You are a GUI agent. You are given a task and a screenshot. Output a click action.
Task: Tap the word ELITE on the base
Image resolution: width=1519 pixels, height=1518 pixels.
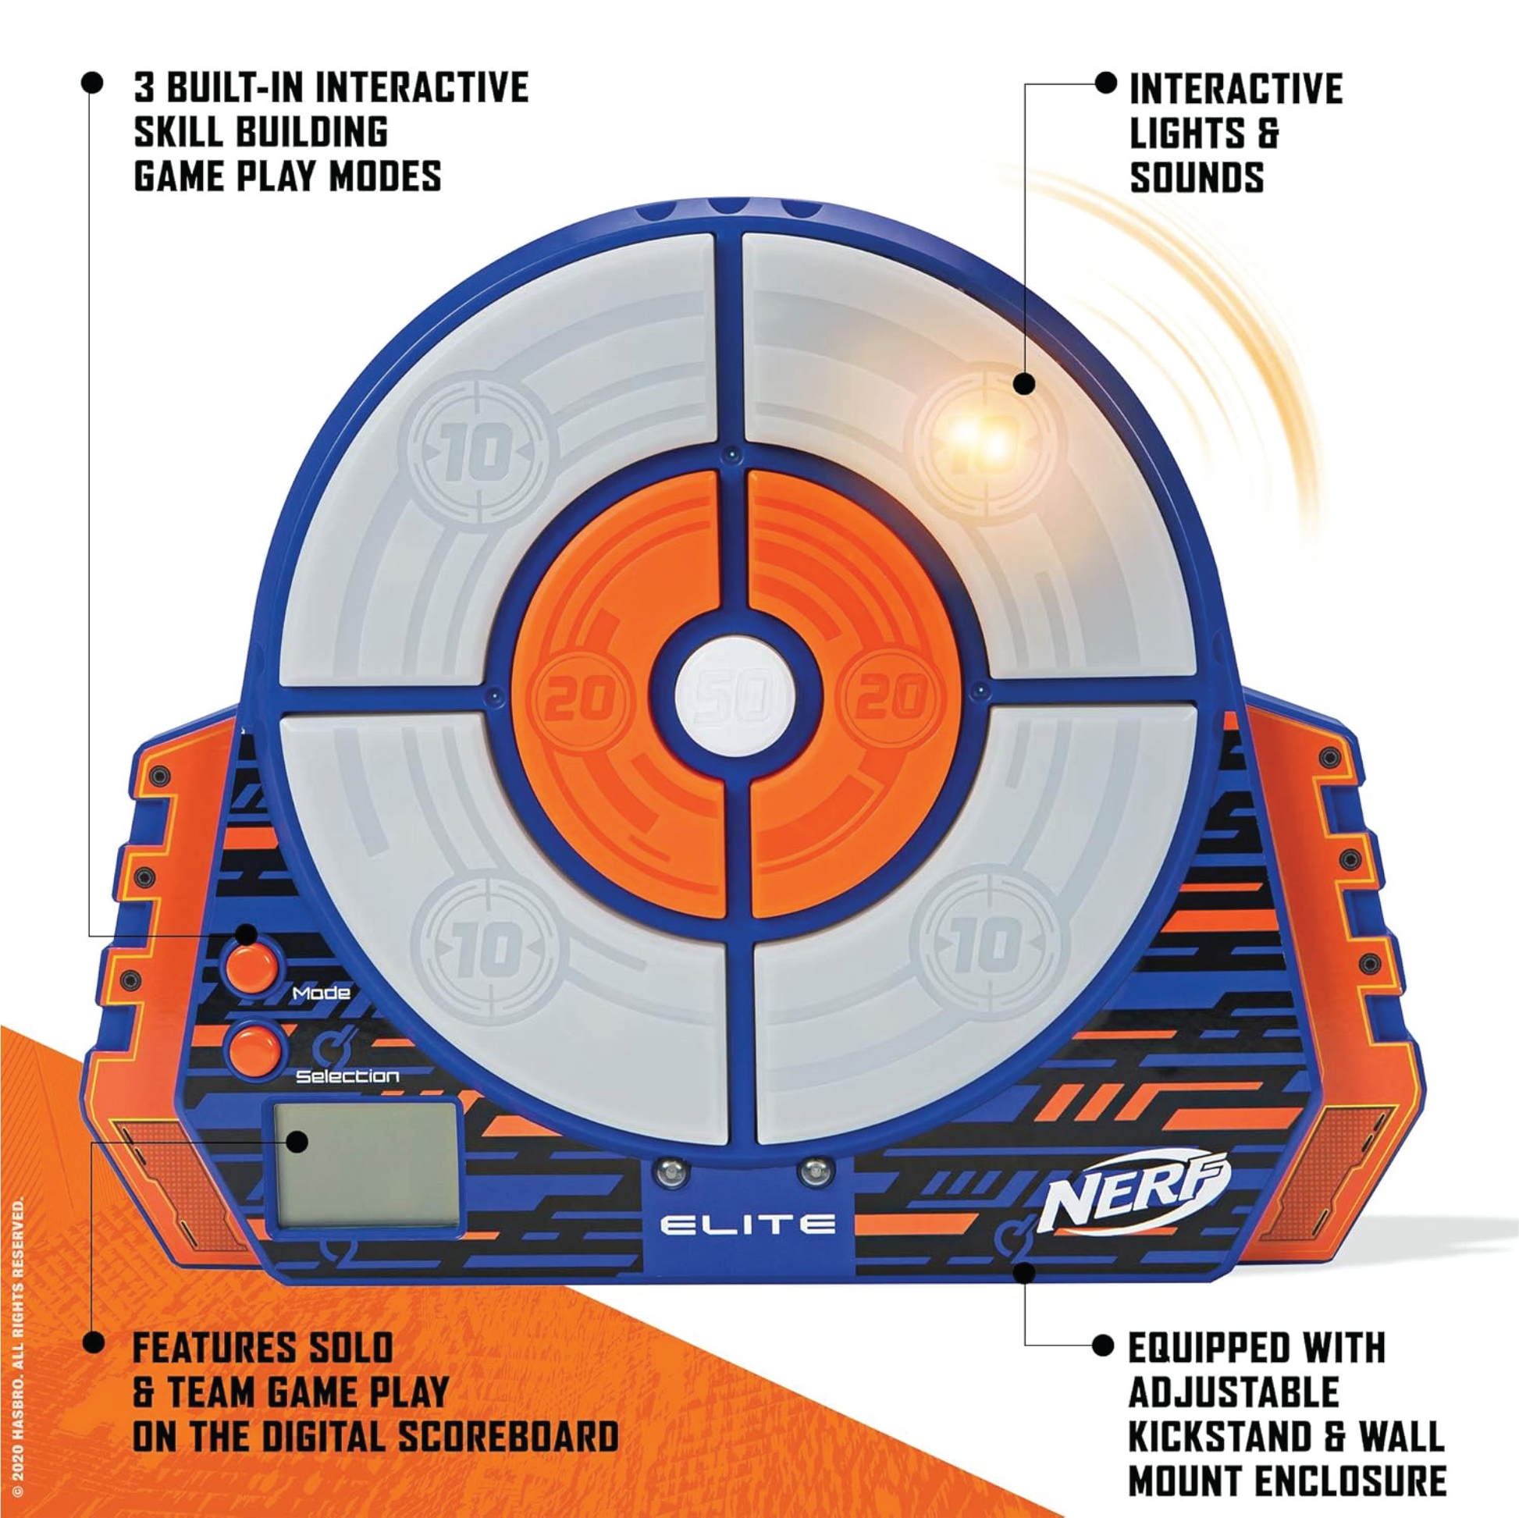coord(746,1224)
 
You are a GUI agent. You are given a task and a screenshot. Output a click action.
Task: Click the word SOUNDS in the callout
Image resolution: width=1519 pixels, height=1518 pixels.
coord(1197,178)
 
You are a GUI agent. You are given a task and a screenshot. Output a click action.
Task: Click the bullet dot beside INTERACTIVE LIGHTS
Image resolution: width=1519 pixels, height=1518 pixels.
coord(1106,83)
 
